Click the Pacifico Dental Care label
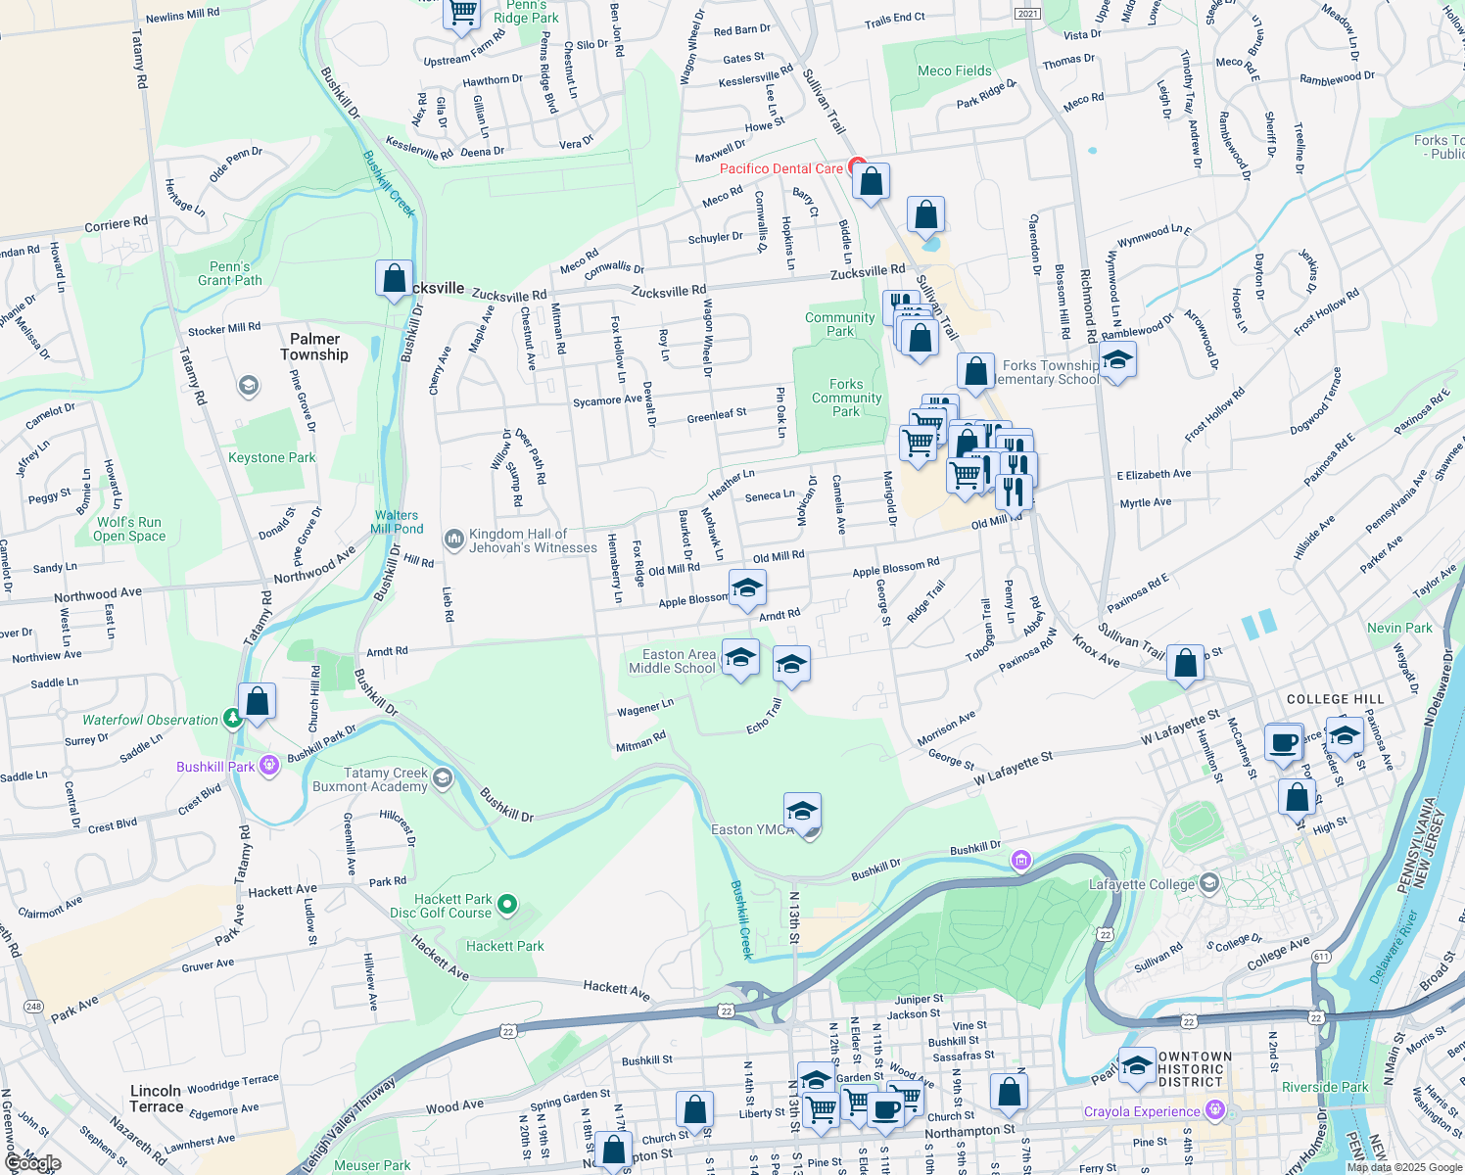pos(780,168)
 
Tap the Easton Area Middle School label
pos(673,661)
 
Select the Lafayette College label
pos(1142,884)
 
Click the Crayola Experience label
pos(1142,1111)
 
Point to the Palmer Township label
pos(314,347)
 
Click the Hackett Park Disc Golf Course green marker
pos(507,905)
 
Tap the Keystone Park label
pos(272,457)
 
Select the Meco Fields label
pos(955,70)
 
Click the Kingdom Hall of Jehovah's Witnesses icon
pos(453,539)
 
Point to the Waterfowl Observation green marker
pos(232,720)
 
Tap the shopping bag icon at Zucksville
pos(394,279)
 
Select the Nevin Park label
pos(1399,628)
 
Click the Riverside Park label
pos(1325,1087)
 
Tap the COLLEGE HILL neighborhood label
pos(1335,699)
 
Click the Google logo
pos(33,1163)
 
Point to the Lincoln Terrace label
pos(157,1099)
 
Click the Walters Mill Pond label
pos(397,522)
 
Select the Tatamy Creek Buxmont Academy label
pos(370,779)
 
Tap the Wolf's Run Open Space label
pos(129,529)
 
